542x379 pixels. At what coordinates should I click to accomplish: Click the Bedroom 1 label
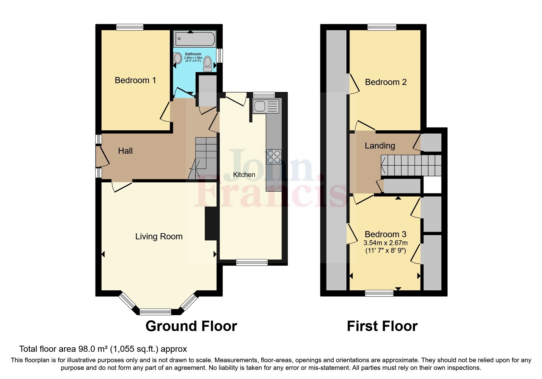[135, 80]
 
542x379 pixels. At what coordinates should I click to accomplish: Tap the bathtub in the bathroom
[195, 39]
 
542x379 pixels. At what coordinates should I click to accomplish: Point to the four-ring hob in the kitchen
[274, 157]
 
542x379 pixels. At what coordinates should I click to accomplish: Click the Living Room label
[159, 237]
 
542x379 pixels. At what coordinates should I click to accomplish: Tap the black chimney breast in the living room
[211, 224]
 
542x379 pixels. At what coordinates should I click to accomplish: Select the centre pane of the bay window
[155, 312]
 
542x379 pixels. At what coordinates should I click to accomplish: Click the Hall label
[125, 151]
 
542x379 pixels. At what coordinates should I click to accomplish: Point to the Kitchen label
[244, 175]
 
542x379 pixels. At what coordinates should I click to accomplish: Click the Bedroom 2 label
[386, 82]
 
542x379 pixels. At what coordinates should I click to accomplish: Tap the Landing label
[380, 146]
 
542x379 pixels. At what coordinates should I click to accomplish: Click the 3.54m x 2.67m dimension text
[385, 243]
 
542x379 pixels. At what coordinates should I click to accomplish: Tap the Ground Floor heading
[191, 326]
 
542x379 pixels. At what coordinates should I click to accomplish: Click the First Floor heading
[382, 326]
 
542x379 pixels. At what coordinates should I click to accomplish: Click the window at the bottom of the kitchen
[252, 262]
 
